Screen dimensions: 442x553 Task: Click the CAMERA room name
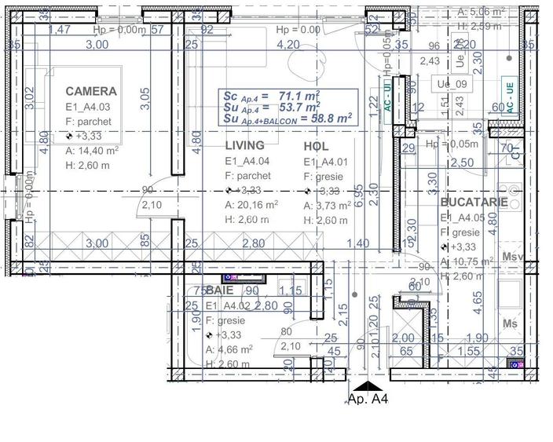pyautogui.click(x=91, y=91)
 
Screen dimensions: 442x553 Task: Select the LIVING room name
pyautogui.click(x=244, y=146)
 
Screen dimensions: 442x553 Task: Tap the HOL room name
pyautogui.click(x=316, y=146)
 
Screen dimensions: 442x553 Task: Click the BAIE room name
pyautogui.click(x=220, y=290)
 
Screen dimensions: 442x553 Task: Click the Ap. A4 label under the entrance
pyautogui.click(x=368, y=400)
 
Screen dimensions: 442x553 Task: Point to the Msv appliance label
pyautogui.click(x=512, y=257)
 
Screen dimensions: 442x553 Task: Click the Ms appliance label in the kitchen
pyautogui.click(x=510, y=323)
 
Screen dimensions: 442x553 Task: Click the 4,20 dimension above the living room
pyautogui.click(x=289, y=45)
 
